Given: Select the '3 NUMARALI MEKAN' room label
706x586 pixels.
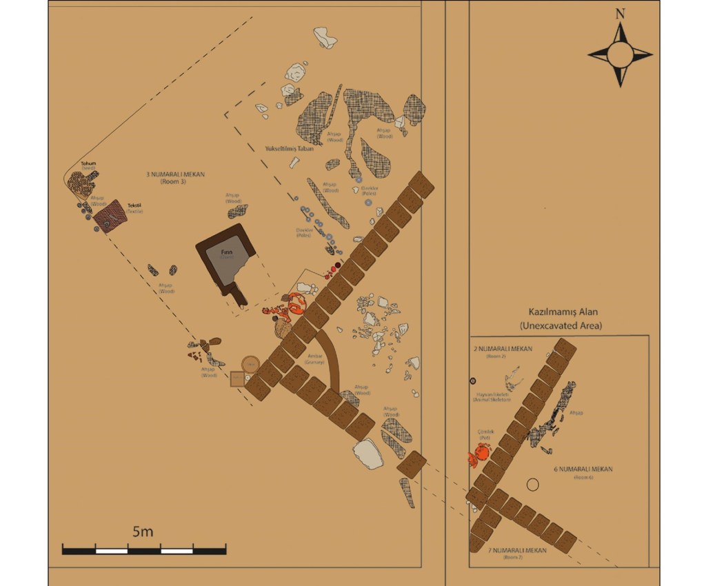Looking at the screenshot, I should click(x=176, y=174).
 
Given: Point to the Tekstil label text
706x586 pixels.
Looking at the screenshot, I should click(x=134, y=205).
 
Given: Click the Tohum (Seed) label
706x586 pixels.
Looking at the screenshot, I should click(x=88, y=164).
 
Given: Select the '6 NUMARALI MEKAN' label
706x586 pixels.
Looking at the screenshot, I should click(x=583, y=469).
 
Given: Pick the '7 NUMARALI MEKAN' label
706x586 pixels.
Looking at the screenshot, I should click(x=517, y=550).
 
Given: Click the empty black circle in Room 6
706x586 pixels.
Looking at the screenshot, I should click(x=532, y=485).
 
